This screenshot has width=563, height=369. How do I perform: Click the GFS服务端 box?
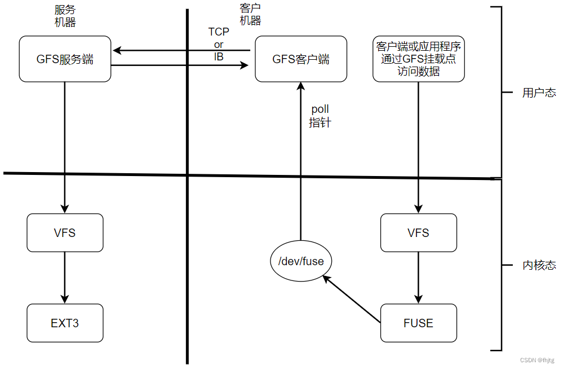click(x=65, y=59)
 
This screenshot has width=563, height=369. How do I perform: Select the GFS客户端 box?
click(x=301, y=59)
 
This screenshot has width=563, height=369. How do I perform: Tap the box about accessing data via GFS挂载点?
click(x=418, y=59)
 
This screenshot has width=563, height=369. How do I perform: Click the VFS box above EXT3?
click(x=65, y=232)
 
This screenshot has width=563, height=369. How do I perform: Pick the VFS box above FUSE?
click(x=418, y=232)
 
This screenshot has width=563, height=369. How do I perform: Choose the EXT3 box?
click(x=65, y=323)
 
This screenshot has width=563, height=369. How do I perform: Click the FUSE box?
click(x=418, y=323)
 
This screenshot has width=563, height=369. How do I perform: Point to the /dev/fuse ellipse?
click(x=301, y=261)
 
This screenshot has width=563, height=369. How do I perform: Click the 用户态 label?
click(x=538, y=93)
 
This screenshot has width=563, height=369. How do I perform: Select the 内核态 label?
click(x=538, y=265)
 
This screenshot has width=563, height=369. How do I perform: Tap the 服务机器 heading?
click(x=65, y=16)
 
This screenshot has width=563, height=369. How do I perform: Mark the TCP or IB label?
click(x=219, y=44)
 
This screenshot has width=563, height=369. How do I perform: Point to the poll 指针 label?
click(x=320, y=116)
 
